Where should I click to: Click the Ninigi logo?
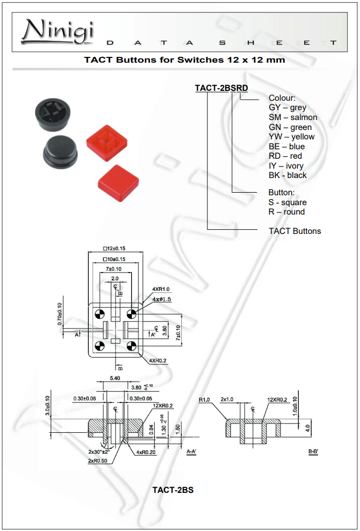tap(57, 31)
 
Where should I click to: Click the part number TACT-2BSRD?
tap(222, 88)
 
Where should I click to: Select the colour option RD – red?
tap(285, 156)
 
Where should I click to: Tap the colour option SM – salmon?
tap(293, 117)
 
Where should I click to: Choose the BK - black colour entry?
tap(287, 175)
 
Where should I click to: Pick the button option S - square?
tap(287, 202)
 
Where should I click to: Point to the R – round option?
tap(286, 212)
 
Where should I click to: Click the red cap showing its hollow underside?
tap(107, 141)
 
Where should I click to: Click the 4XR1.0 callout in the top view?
tap(161, 289)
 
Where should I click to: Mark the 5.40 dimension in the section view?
tap(115, 377)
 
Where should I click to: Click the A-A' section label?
tap(192, 451)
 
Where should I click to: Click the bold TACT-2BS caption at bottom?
tap(172, 490)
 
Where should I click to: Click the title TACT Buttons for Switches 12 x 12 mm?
tap(184, 60)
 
